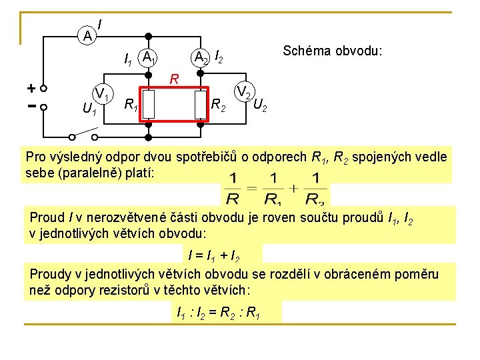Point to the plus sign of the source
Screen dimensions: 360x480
(x=31, y=88)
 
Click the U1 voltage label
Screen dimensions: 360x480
(x=89, y=109)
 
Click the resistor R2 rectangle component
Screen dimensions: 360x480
(x=201, y=104)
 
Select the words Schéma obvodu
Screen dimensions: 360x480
(x=332, y=51)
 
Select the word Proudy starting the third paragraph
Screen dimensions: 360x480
(x=49, y=274)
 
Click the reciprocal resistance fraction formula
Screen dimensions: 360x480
(x=275, y=188)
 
